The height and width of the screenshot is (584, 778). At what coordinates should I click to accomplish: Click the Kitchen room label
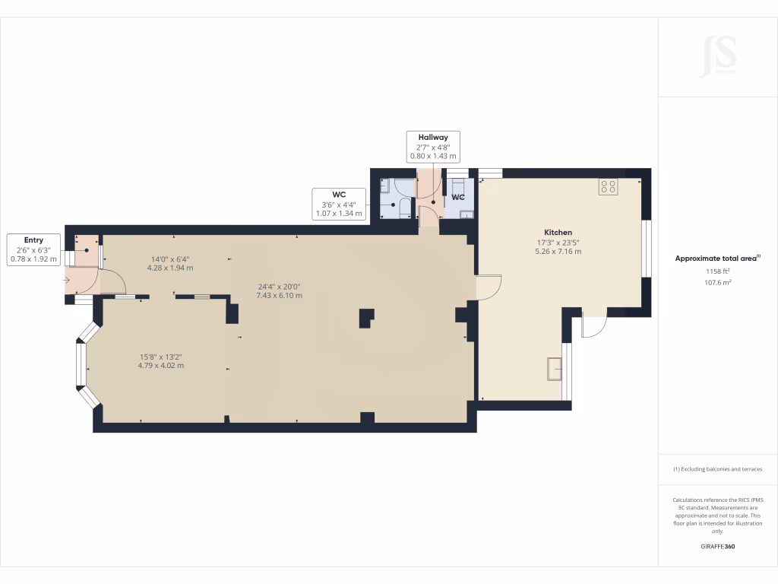tap(558, 232)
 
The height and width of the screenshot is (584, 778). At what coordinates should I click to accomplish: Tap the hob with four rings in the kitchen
tap(608, 186)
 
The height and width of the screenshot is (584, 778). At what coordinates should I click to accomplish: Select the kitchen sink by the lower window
tap(555, 369)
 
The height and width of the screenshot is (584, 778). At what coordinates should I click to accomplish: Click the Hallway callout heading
tap(433, 137)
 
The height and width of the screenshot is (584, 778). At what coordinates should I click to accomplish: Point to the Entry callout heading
tap(33, 240)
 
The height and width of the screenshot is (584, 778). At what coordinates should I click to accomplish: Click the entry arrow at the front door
tap(68, 281)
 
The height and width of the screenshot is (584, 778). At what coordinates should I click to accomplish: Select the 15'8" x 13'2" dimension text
tap(160, 357)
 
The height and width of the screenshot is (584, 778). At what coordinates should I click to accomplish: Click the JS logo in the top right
tap(718, 56)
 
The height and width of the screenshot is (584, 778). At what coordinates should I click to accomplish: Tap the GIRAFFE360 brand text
tap(717, 546)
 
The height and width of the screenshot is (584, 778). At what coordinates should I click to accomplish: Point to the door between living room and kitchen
tap(489, 287)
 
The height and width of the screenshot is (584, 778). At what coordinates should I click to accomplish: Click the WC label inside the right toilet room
tap(458, 197)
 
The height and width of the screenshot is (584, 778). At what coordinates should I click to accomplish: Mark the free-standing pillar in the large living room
tap(366, 317)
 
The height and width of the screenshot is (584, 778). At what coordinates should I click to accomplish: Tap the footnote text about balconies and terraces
tap(717, 469)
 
